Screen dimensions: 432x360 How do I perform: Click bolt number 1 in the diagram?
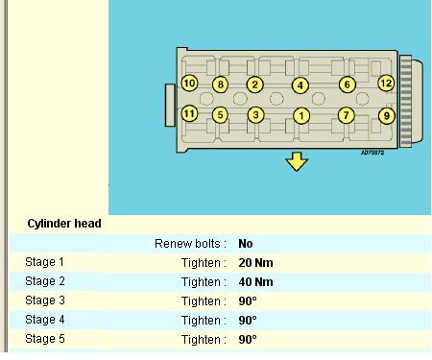[301, 116]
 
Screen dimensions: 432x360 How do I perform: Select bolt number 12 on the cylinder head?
[386, 84]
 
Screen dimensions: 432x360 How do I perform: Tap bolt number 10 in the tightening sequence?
[189, 84]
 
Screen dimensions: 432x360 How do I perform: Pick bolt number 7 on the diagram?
[347, 115]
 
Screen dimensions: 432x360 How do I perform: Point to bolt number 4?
[300, 85]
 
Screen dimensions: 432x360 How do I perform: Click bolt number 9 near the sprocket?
[387, 115]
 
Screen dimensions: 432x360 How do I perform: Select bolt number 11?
[189, 113]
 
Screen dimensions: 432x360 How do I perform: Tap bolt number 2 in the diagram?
[254, 84]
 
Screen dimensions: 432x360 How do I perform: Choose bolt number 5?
[220, 115]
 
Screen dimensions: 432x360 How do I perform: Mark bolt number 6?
[348, 84]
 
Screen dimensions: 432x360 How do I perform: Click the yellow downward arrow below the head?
[297, 161]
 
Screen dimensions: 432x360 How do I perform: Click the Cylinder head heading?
[64, 224]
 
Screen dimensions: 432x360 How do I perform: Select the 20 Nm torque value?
[255, 263]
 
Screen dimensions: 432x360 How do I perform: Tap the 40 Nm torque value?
[255, 282]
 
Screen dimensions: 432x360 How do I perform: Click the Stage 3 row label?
[45, 300]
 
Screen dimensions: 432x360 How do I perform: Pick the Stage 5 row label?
[45, 339]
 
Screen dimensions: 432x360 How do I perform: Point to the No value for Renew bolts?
[246, 244]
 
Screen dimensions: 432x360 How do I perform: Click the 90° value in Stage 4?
[248, 321]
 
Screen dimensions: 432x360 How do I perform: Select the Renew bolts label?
[190, 244]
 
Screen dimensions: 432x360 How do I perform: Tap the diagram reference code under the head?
[372, 153]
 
